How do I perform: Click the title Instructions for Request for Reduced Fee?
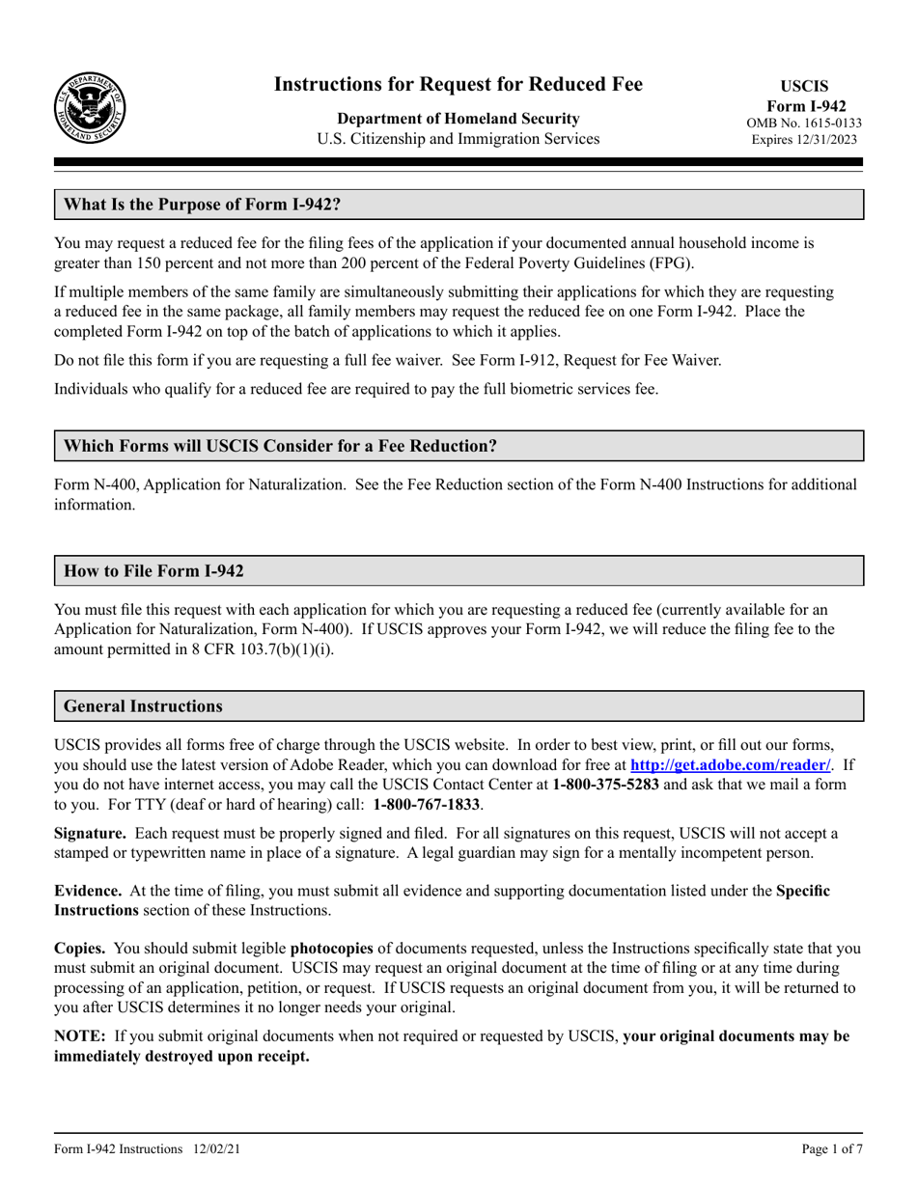tap(458, 84)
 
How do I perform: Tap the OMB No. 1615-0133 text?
tap(804, 123)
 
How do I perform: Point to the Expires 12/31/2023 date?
tap(804, 139)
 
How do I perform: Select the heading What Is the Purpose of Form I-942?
tap(202, 205)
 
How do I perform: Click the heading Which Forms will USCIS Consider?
tap(280, 446)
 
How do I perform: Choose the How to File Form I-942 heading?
tap(153, 571)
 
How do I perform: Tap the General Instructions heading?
tap(143, 705)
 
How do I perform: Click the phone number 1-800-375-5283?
tap(606, 785)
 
